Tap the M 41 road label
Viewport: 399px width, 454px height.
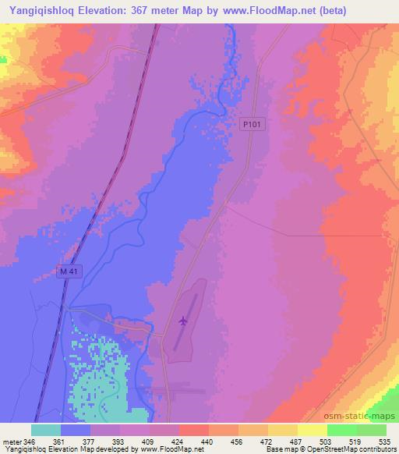[69, 271]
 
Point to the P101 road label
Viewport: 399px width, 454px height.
[250, 122]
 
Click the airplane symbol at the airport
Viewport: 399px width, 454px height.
[183, 320]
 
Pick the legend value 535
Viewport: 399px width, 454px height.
[385, 440]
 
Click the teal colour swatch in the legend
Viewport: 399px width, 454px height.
[46, 430]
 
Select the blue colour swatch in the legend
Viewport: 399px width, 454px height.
[76, 430]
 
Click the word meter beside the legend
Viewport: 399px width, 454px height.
[12, 440]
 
